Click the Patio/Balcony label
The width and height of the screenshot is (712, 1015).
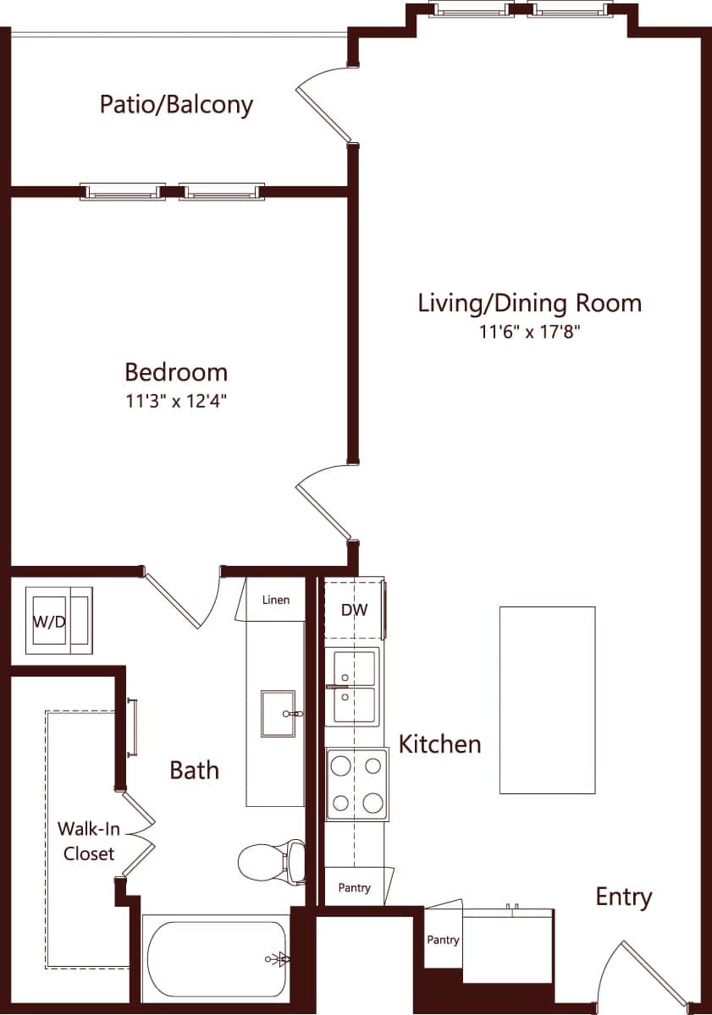tap(176, 105)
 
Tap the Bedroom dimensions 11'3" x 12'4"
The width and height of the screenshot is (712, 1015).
tap(176, 402)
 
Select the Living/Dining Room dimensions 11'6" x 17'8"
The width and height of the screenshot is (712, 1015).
tap(529, 332)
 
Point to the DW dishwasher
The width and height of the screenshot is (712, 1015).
tap(354, 610)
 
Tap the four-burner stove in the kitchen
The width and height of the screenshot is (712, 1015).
tap(357, 784)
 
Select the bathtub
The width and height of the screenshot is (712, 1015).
tap(216, 959)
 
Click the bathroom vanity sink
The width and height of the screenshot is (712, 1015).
tap(278, 714)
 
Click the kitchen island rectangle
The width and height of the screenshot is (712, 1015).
tap(547, 700)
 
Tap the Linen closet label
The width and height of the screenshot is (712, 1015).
tap(276, 600)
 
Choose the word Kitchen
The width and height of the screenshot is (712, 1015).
tap(439, 744)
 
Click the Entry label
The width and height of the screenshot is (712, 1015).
tap(623, 897)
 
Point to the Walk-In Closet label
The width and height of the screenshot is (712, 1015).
tap(86, 841)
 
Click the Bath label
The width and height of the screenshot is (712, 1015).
tap(194, 771)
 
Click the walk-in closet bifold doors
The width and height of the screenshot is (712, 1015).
tap(138, 834)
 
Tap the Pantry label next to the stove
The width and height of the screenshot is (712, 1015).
tap(354, 888)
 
